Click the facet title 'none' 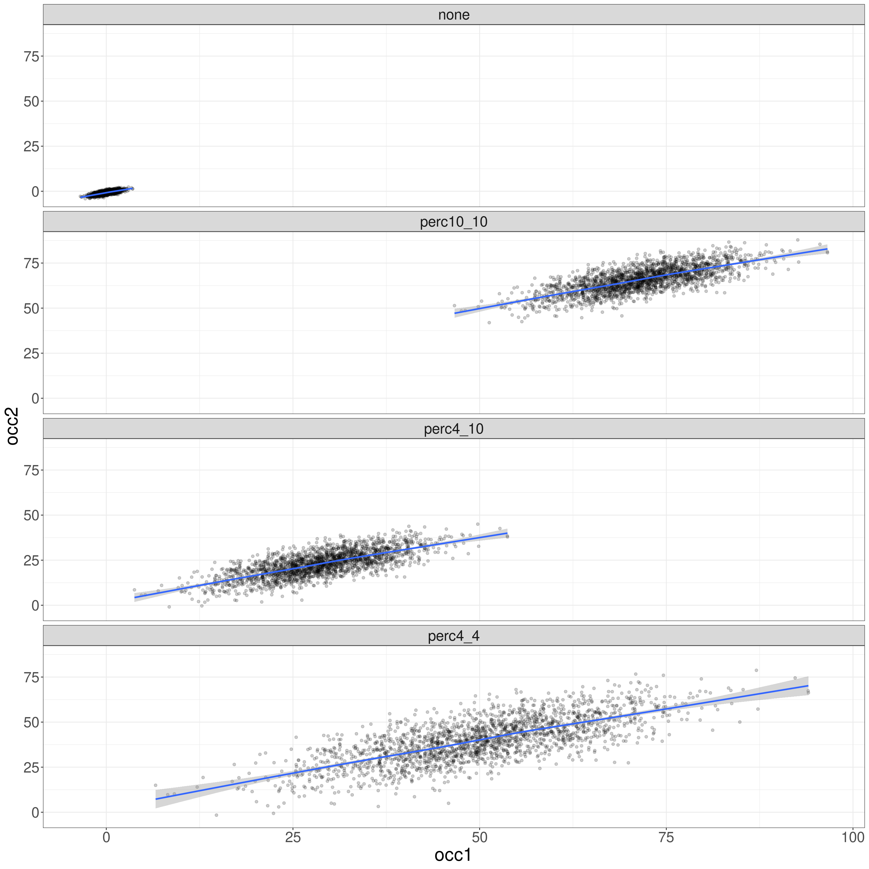(453, 15)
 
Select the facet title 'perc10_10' (453, 222)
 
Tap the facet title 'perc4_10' (453, 429)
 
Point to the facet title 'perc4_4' (453, 636)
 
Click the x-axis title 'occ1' (453, 855)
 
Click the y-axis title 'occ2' (12, 426)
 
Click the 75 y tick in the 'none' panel (31, 56)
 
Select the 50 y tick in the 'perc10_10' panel (31, 308)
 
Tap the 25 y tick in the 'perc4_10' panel (31, 560)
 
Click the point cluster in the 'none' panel (107, 192)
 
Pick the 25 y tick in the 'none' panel (31, 146)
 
